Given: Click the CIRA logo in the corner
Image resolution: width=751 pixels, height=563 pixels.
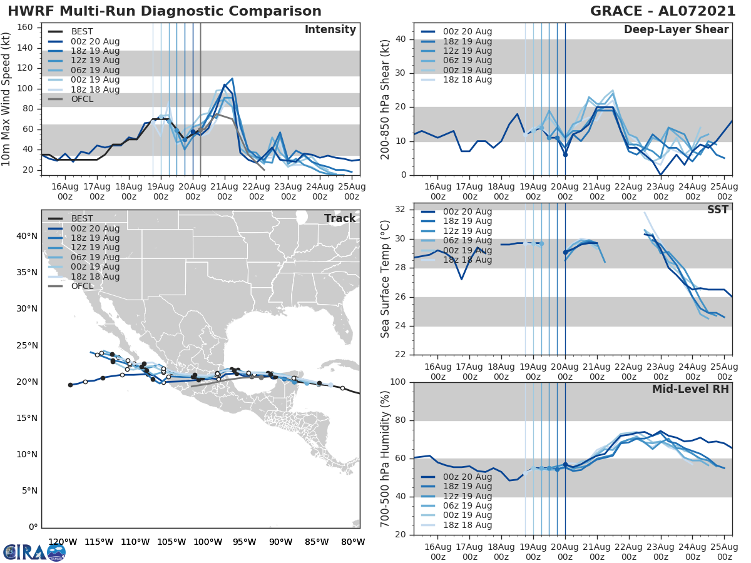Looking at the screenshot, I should (34, 552).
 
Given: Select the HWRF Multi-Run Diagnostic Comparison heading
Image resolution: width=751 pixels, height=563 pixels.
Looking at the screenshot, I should (165, 11).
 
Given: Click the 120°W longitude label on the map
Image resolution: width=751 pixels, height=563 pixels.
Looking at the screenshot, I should (63, 542).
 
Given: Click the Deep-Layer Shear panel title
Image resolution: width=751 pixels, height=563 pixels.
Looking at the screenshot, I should (676, 30).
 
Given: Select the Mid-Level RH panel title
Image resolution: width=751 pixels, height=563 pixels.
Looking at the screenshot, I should (690, 389).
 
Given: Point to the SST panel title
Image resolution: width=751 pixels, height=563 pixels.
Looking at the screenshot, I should (717, 210).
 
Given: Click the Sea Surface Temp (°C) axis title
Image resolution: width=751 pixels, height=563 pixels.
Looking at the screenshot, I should (386, 279).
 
